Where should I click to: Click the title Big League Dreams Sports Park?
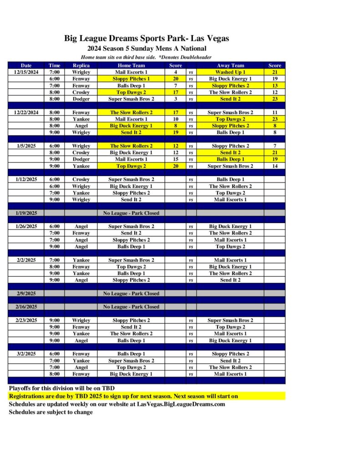[x=147, y=39]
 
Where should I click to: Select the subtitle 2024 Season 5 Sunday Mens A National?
[x=147, y=49]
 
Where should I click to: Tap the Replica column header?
[x=81, y=66]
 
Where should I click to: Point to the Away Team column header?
[x=230, y=66]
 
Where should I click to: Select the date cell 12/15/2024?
[x=26, y=72]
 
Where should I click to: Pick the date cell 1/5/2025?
[x=26, y=146]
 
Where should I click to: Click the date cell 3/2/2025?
[x=26, y=354]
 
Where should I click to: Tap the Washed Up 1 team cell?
[x=230, y=72]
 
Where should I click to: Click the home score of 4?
[x=175, y=72]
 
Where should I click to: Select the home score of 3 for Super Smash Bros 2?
[x=175, y=99]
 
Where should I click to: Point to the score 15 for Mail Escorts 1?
[x=175, y=159]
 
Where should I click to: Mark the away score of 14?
[x=274, y=166]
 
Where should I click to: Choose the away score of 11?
[x=274, y=112]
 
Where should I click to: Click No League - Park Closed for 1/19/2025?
[x=131, y=213]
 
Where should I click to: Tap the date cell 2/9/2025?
[x=26, y=294]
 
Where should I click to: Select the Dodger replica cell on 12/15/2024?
[x=81, y=99]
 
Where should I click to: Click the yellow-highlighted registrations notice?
[x=123, y=396]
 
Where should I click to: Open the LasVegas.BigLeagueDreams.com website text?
[x=181, y=404]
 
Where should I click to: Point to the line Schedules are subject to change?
[x=51, y=412]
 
